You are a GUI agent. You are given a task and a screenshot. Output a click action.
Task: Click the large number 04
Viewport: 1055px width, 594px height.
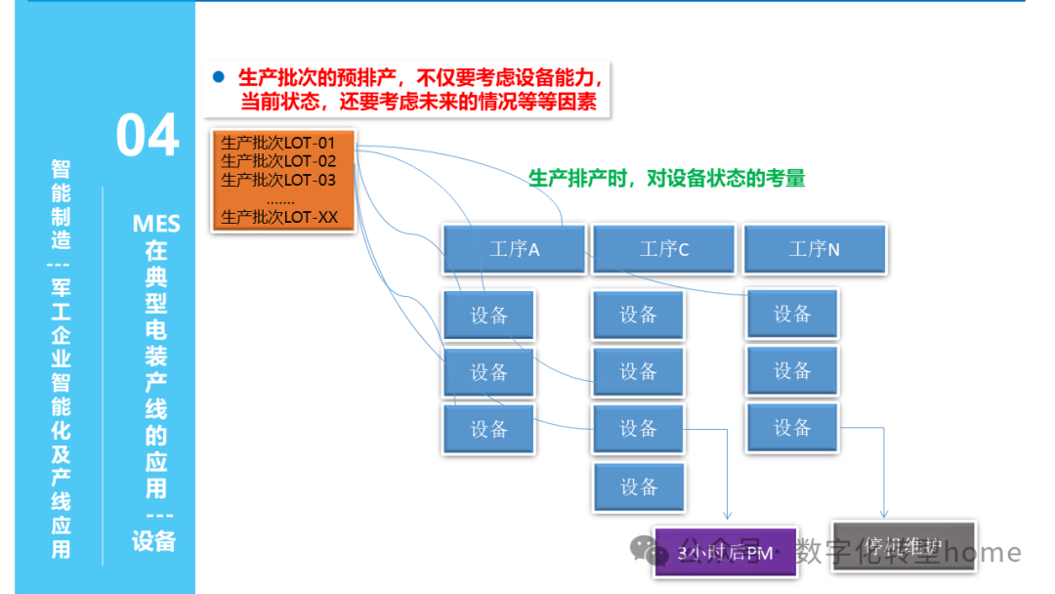coord(148,136)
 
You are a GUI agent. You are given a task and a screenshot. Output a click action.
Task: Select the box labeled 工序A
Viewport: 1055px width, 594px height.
coord(514,249)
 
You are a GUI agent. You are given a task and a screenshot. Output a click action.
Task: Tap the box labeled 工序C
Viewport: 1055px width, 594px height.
coord(664,249)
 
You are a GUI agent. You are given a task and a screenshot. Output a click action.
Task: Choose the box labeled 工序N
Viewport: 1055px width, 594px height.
coord(815,249)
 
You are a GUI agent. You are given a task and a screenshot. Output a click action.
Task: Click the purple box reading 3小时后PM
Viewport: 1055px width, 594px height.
coord(725,553)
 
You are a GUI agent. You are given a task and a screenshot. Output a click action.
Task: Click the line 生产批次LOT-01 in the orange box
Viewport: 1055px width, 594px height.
coord(278,144)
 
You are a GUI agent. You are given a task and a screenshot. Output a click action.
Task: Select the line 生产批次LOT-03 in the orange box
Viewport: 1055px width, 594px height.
coord(278,180)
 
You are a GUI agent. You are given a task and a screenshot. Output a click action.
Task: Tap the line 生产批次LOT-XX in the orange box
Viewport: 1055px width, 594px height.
coord(279,217)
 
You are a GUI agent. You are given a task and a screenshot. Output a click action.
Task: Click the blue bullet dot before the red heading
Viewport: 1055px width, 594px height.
coord(219,76)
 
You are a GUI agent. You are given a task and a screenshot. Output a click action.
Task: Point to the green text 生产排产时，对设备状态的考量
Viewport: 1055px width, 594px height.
coord(667,179)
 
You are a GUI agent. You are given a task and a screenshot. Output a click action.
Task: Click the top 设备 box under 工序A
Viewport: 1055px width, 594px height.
coord(488,316)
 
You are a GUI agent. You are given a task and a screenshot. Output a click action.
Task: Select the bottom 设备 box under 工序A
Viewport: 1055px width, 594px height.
coord(488,429)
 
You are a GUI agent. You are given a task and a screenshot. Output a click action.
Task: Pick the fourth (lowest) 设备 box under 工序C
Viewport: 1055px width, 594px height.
coord(639,487)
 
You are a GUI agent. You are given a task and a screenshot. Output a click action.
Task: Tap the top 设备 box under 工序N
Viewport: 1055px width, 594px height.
coord(792,314)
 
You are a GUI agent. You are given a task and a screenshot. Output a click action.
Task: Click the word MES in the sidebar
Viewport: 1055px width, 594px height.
coord(156,225)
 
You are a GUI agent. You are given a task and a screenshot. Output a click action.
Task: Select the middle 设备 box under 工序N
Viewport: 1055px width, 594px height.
coord(792,371)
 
